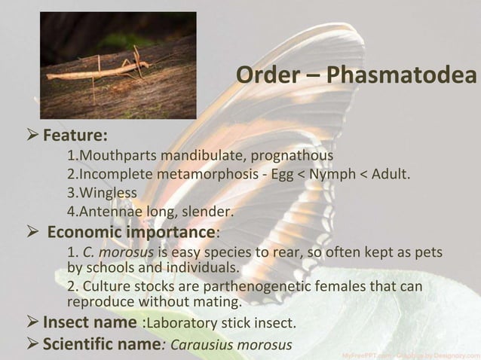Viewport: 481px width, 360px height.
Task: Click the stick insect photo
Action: tap(118, 65)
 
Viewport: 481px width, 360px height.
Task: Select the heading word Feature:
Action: tap(75, 137)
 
